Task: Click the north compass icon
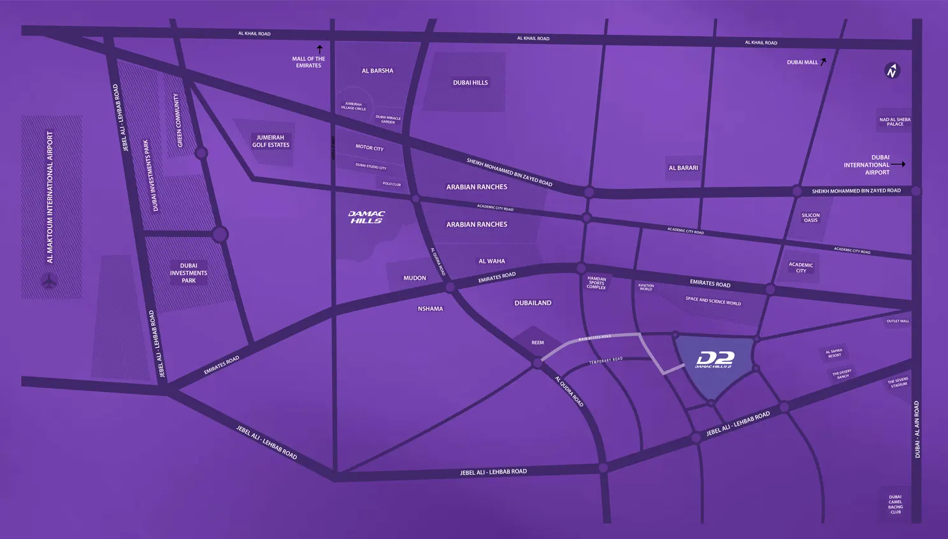click(x=892, y=71)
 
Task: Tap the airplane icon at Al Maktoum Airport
click(x=49, y=280)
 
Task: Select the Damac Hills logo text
click(x=367, y=217)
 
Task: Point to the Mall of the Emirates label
click(x=308, y=62)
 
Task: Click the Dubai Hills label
click(x=470, y=83)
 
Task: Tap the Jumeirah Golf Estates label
click(x=271, y=141)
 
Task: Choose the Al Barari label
click(x=683, y=168)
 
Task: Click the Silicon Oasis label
click(x=810, y=218)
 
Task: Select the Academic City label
click(x=801, y=268)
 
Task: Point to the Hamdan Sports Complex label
click(x=596, y=283)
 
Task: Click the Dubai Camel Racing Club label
click(x=896, y=505)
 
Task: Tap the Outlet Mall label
click(x=898, y=321)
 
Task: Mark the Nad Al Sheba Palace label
click(x=894, y=122)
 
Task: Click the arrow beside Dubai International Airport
click(x=898, y=164)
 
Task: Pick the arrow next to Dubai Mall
click(x=823, y=62)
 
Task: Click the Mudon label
click(x=415, y=278)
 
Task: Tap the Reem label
click(x=538, y=343)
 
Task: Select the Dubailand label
click(x=533, y=303)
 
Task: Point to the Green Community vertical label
click(x=178, y=120)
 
